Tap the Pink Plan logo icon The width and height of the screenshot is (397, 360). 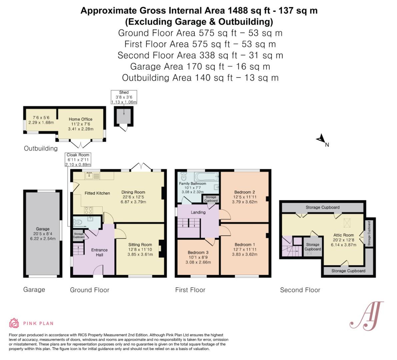point(14,323)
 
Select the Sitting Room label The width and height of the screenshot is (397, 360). point(140,244)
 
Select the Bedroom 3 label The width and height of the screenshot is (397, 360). point(198,252)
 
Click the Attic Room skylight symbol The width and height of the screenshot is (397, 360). point(348,222)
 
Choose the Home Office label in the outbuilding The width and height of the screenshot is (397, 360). point(80,119)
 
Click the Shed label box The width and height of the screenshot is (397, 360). point(124,97)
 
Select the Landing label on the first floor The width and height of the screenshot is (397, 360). point(198,212)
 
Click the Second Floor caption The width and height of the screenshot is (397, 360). point(300,290)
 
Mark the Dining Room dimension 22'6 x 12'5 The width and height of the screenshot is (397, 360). point(133,197)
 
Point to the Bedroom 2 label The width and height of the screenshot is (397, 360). point(244,192)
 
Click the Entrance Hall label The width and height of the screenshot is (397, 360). point(99,252)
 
